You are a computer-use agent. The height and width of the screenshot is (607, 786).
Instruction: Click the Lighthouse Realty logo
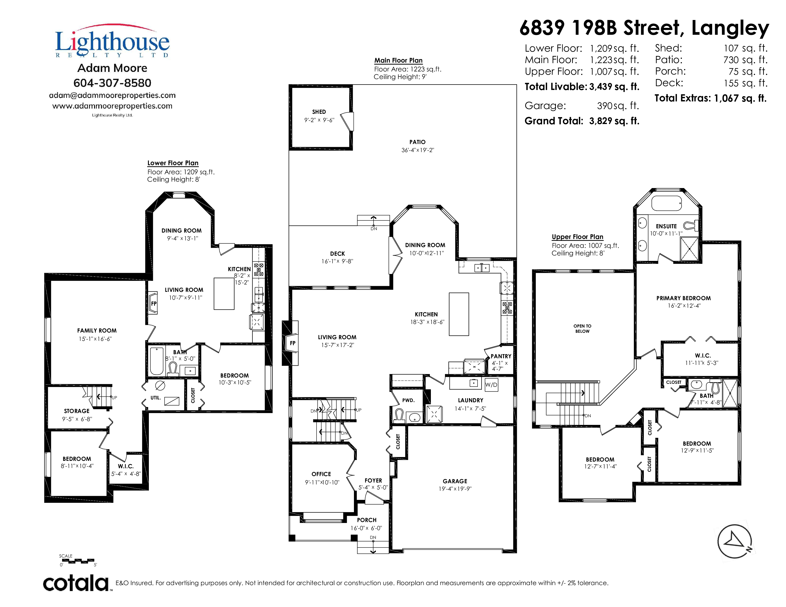(112, 41)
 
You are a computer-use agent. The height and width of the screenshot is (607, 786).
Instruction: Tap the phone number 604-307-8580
(112, 83)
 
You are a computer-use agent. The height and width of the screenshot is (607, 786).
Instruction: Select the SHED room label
(319, 112)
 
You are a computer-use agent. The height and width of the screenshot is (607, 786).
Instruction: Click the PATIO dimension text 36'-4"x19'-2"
(418, 150)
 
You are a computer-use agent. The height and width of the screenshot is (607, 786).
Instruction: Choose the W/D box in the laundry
(491, 385)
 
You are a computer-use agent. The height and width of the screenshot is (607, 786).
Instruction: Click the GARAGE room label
(455, 481)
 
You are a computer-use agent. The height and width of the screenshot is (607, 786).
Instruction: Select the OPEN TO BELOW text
(582, 329)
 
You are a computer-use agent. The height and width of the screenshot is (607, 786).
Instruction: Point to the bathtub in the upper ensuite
(667, 204)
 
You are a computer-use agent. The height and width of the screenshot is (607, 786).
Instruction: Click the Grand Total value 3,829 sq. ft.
(614, 121)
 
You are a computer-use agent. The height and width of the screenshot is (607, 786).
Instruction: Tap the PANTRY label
(501, 356)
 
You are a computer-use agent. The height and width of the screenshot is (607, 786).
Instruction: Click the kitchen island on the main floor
(459, 314)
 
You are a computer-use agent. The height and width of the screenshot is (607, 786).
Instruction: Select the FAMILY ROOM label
(97, 330)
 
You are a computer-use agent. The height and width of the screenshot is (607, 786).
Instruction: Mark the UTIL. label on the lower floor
(156, 398)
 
